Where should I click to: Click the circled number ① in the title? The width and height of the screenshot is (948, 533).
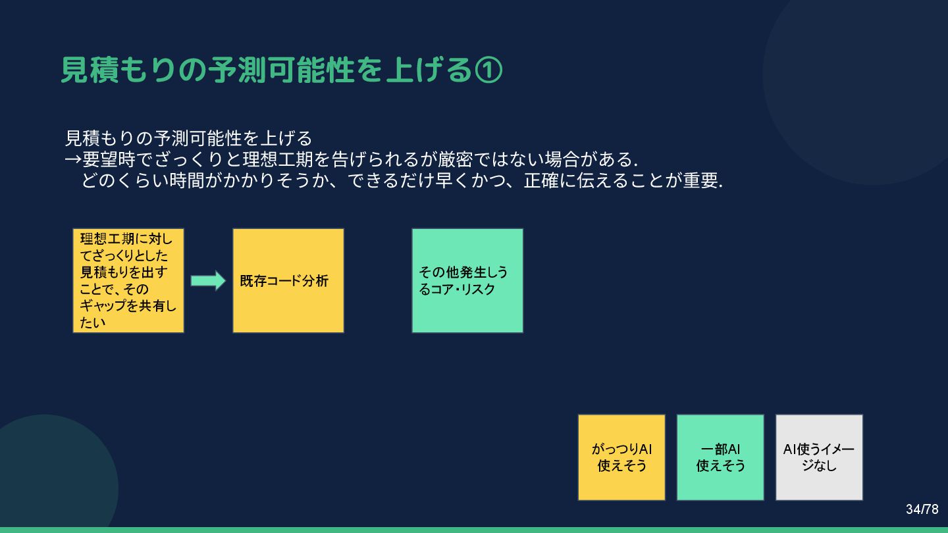pyautogui.click(x=488, y=70)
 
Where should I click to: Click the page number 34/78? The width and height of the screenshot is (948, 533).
pyautogui.click(x=922, y=509)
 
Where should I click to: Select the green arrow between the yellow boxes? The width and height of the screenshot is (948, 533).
pyautogui.click(x=208, y=281)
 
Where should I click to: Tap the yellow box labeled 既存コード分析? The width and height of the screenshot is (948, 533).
pyautogui.click(x=288, y=280)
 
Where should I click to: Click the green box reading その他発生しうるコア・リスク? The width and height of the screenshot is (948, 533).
pyautogui.click(x=467, y=280)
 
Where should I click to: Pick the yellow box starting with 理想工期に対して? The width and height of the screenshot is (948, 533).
pyautogui.click(x=128, y=280)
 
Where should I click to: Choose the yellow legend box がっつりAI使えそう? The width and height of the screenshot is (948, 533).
pyautogui.click(x=621, y=457)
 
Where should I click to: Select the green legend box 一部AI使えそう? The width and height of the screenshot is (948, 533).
pyautogui.click(x=720, y=457)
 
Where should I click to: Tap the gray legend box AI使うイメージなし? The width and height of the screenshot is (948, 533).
pyautogui.click(x=819, y=457)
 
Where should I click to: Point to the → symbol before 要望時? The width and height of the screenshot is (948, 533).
pyautogui.click(x=73, y=160)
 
